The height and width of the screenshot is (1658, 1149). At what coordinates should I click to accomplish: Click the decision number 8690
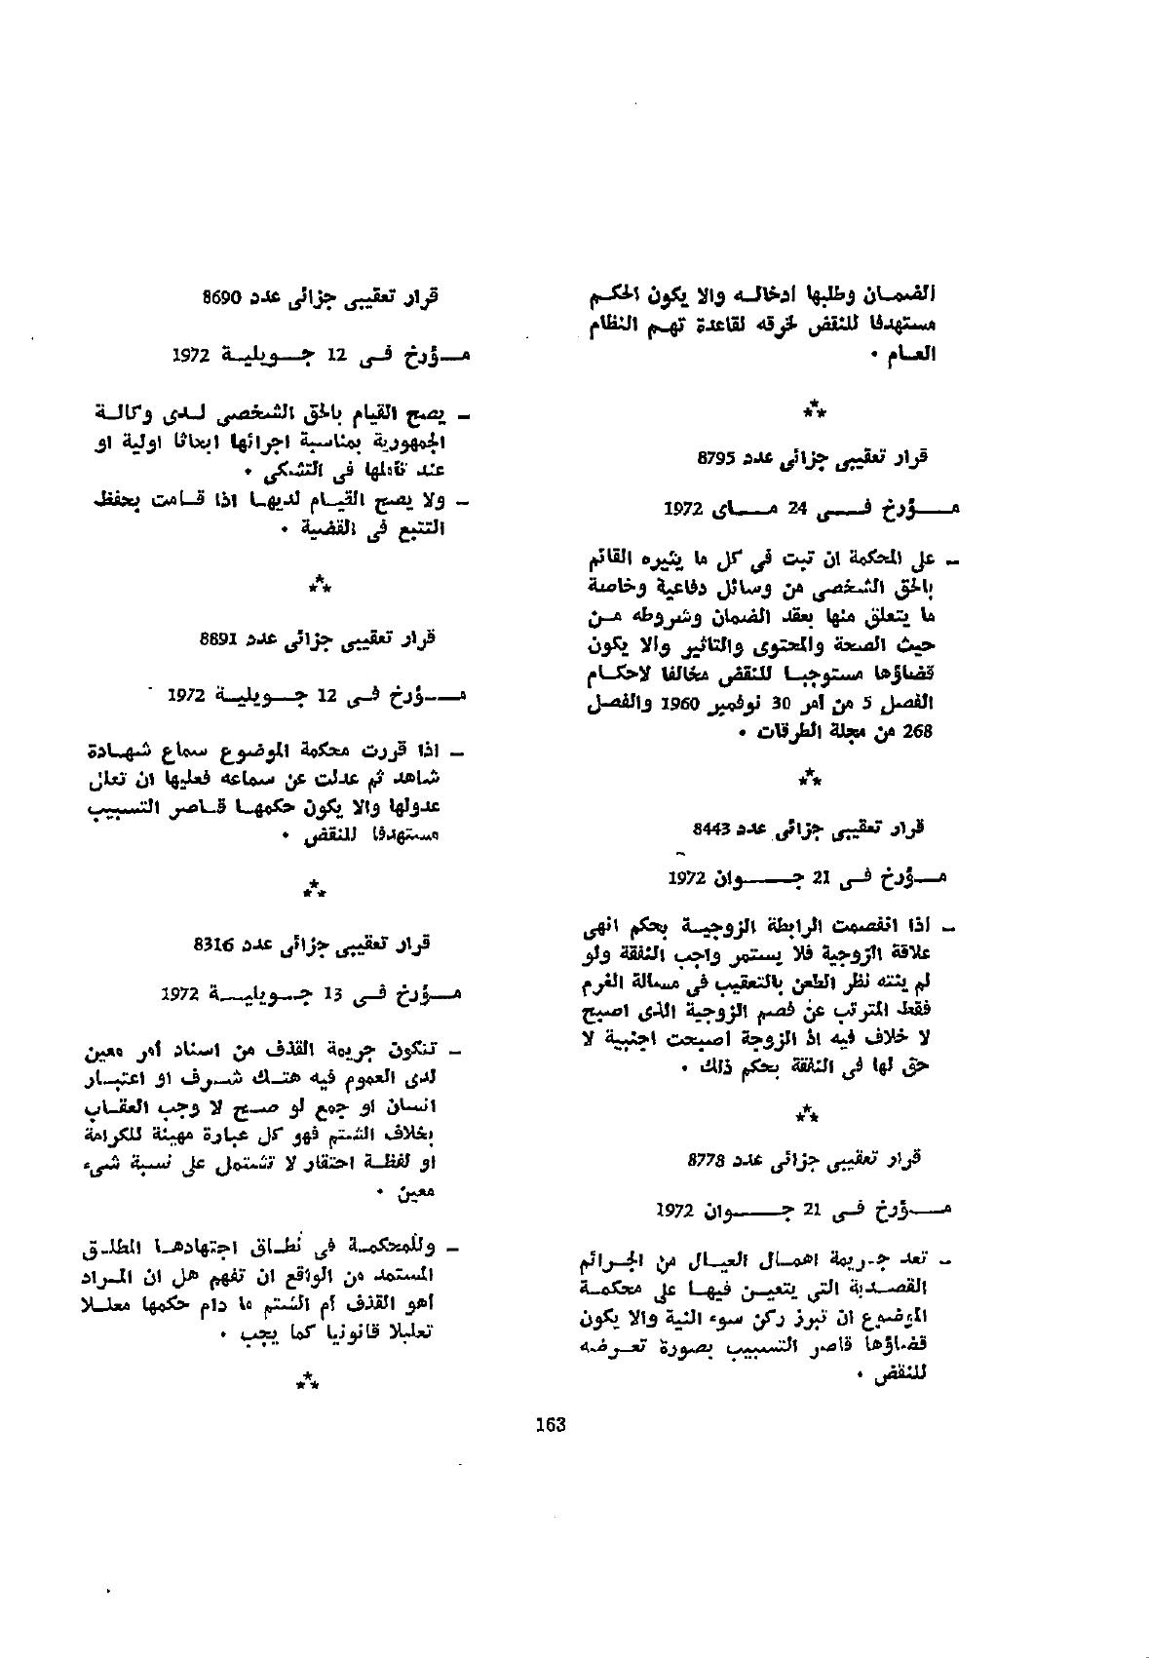222,296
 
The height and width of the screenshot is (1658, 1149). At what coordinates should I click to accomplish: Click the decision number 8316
213,943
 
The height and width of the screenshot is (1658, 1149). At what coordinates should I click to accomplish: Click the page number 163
551,1425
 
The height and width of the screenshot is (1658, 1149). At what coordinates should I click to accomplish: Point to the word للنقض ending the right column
907,1376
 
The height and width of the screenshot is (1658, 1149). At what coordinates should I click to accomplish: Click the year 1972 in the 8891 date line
187,695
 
